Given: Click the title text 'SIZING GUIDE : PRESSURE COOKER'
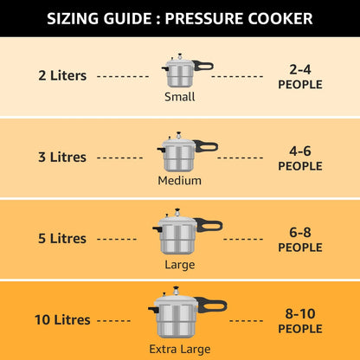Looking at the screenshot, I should pos(180,18).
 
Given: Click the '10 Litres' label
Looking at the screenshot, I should pos(62,319).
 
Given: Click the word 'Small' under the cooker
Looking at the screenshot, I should pos(180,96).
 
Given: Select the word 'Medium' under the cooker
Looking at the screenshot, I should pos(180,180).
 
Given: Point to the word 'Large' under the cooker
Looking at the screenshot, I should pos(180,264).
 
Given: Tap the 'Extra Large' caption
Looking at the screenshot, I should pos(180,348).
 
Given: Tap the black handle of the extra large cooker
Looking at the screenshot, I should pos(212,305).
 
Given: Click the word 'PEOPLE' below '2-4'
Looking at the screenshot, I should pos(300,85).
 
